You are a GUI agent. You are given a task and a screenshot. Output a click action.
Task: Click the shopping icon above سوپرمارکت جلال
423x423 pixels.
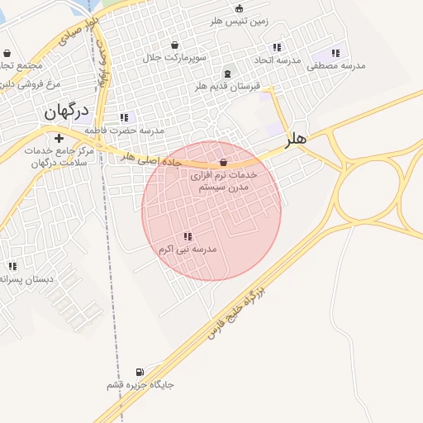click(x=174, y=45)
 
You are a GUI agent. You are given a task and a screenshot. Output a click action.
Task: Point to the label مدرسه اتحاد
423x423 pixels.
click(x=277, y=60)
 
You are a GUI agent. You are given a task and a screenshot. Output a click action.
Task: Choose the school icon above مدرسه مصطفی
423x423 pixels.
click(x=335, y=54)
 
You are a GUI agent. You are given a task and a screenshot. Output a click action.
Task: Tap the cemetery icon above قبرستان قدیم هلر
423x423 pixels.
click(x=227, y=74)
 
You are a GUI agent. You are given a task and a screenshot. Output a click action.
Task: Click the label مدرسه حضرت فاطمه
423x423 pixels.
click(x=130, y=131)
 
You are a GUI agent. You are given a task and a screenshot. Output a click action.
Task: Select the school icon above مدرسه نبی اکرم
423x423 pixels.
click(x=188, y=236)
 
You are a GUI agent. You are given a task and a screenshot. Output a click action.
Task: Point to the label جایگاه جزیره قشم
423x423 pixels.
click(x=139, y=385)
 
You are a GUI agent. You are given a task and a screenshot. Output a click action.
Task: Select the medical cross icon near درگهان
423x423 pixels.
click(x=59, y=138)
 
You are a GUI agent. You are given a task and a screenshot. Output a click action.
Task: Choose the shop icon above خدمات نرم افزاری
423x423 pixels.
click(x=224, y=162)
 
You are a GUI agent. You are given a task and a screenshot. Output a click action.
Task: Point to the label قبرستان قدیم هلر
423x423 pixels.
click(x=227, y=85)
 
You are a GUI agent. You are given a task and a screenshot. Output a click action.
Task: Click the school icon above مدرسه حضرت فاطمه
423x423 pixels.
click(x=124, y=118)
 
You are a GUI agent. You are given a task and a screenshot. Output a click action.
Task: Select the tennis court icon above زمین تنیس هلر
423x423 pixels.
click(x=240, y=9)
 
